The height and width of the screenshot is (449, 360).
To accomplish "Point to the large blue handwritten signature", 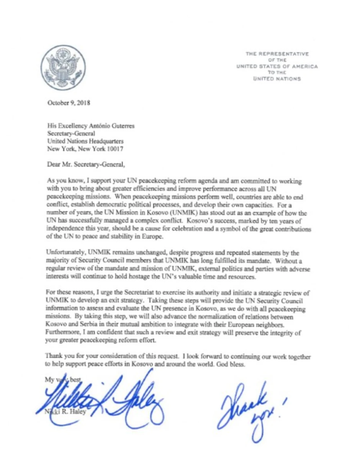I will click(103, 398).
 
